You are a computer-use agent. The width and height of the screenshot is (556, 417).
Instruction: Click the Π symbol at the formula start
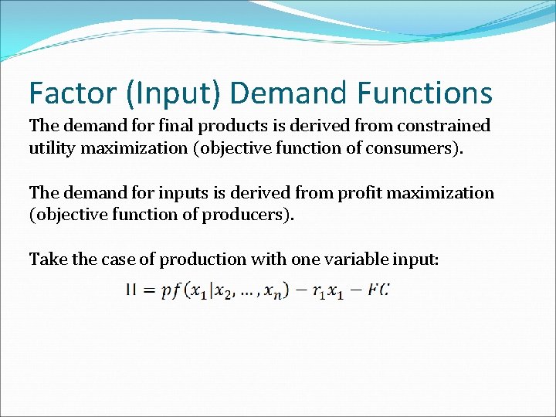tap(131, 290)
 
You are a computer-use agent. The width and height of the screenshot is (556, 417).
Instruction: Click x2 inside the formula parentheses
tap(225, 291)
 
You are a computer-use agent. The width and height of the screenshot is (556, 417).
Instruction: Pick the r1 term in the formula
tap(319, 291)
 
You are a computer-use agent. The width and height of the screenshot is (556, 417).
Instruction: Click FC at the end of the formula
tap(379, 290)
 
